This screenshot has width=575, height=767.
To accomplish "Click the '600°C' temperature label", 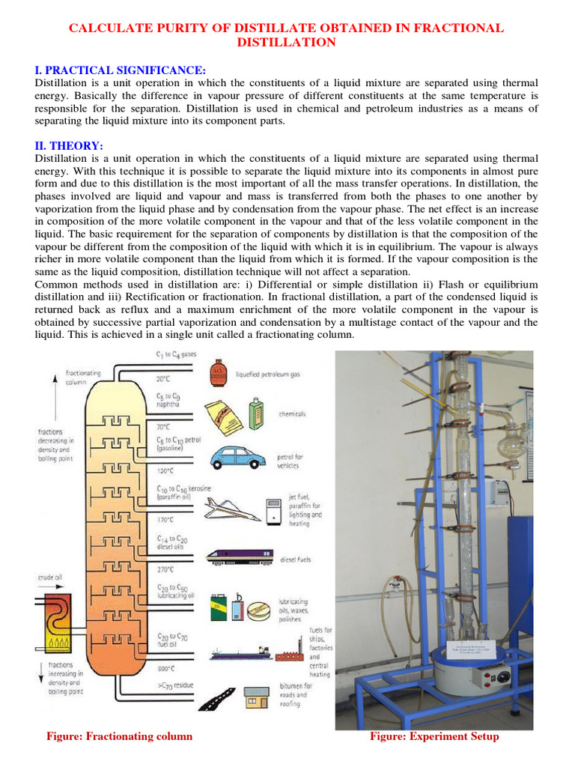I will (x=166, y=668).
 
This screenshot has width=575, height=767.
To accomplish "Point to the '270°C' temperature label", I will (x=166, y=569).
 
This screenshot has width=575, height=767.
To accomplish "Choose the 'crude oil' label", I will (x=49, y=577).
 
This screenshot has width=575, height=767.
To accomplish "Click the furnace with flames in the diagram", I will (x=52, y=622).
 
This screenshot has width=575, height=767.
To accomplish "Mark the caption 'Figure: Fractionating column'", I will (x=119, y=736).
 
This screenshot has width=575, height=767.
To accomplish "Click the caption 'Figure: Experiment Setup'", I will (x=434, y=736).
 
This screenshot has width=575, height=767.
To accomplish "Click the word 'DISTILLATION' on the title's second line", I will (x=287, y=43).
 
